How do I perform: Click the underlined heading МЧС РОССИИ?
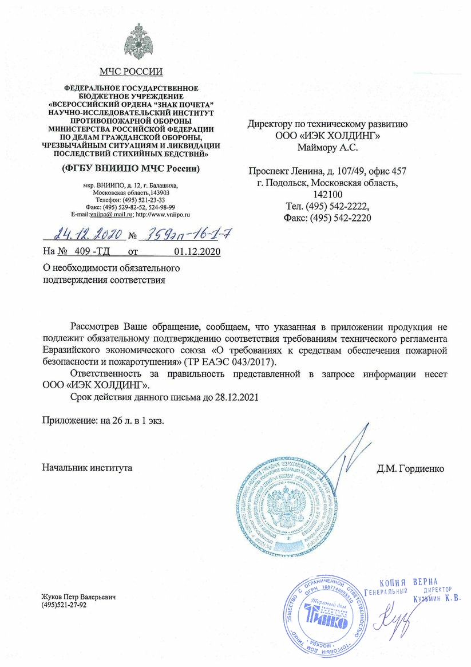click(x=131, y=72)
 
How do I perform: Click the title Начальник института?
click(x=88, y=468)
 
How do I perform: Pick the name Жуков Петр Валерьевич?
click(x=78, y=597)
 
